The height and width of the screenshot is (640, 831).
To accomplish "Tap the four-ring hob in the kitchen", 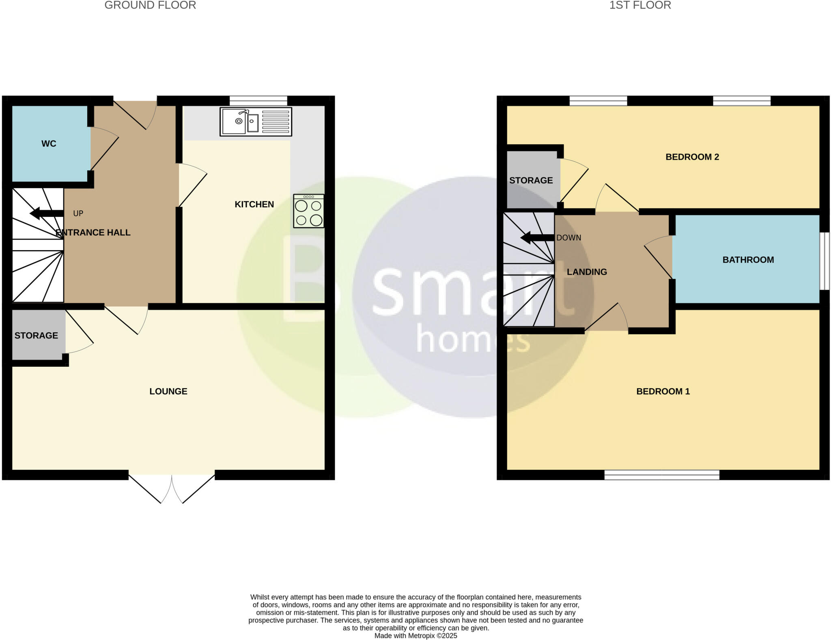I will [x=309, y=211].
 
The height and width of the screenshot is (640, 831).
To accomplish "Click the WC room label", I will [x=49, y=143].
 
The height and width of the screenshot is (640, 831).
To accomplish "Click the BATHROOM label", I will [x=748, y=260].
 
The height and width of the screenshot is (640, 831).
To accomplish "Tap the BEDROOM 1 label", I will [x=663, y=391].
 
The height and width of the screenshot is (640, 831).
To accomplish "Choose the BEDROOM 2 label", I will [x=692, y=157].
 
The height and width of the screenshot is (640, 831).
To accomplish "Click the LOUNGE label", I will [x=168, y=391].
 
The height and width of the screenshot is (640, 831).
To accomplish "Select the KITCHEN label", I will [x=254, y=204].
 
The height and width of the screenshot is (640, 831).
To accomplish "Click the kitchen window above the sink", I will [x=258, y=101].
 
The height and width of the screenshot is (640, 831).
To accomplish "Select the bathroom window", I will [x=824, y=261].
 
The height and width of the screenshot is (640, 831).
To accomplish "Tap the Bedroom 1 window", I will [x=662, y=475].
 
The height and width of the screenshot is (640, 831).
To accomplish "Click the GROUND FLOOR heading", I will [x=150, y=5].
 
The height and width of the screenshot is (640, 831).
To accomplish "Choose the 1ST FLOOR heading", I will [x=640, y=5].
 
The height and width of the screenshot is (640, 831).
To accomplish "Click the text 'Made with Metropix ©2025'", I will [x=415, y=636].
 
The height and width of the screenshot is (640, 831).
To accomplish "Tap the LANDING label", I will [x=587, y=272].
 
